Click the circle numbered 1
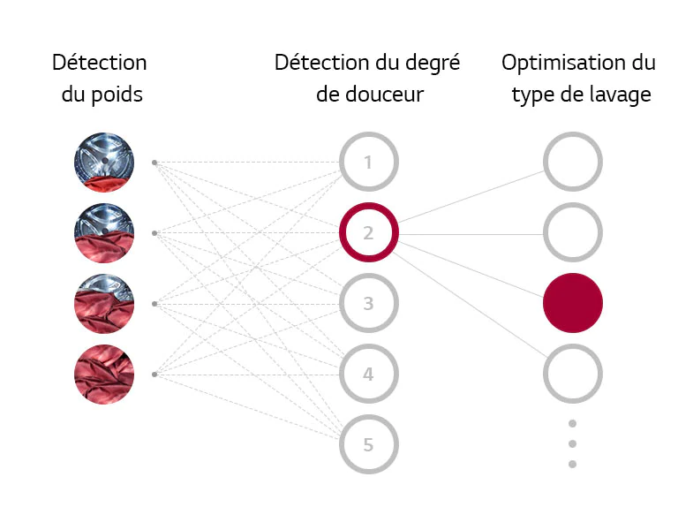(369, 163)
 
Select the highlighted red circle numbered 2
(369, 233)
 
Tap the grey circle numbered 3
(369, 304)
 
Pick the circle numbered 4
(369, 375)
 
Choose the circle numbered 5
(369, 444)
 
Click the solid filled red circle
(573, 303)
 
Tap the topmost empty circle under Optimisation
(573, 163)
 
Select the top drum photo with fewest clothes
(104, 163)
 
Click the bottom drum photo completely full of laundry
(104, 375)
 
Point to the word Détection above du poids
(100, 64)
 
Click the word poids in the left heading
(118, 95)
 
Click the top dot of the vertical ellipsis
(572, 424)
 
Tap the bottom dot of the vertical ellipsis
(572, 464)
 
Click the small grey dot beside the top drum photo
(154, 163)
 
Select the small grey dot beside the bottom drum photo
(154, 375)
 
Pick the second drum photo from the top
(104, 233)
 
